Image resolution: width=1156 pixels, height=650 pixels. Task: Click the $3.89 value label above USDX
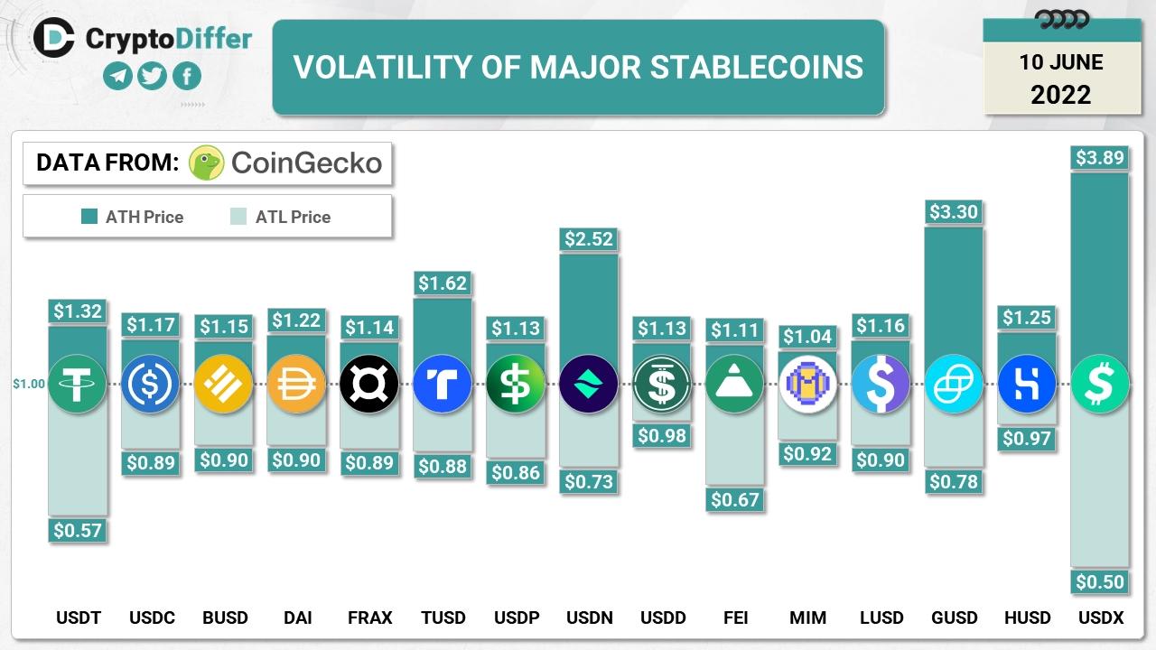1099,158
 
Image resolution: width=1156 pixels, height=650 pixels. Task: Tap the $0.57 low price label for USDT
78,531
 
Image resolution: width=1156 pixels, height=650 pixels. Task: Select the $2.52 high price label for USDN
589,239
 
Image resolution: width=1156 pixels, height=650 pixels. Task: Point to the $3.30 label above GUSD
954,212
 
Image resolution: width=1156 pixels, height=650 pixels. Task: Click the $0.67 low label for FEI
734,499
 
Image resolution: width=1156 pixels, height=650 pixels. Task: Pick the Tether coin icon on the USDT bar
78,385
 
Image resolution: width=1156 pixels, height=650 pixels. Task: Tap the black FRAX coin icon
369,385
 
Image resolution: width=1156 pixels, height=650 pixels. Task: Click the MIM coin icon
807,385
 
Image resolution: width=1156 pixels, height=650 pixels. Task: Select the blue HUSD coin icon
1027,385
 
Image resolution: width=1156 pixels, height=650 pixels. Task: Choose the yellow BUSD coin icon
223,385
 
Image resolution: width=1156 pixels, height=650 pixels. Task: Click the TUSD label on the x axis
443,618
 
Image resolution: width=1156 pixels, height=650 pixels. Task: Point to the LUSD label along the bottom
881,618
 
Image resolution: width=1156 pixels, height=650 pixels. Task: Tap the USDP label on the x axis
516,618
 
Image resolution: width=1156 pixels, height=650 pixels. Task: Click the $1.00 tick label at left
28,384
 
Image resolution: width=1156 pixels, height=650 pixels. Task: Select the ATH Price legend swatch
89,217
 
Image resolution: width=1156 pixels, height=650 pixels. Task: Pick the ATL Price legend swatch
238,217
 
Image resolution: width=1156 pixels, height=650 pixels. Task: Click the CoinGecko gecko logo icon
206,163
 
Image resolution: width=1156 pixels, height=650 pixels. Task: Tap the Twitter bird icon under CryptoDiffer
152,76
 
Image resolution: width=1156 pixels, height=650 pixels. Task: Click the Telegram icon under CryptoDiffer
117,76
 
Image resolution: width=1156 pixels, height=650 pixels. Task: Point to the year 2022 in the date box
1061,95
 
